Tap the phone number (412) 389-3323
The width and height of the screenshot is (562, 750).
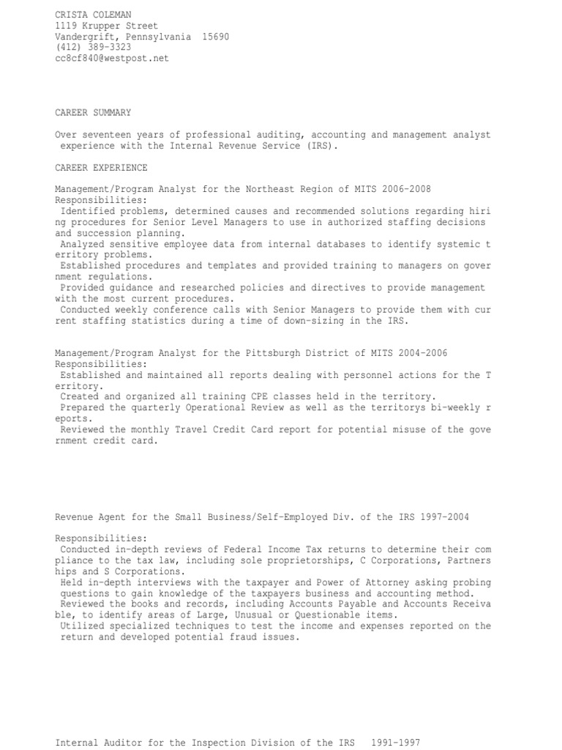(93, 47)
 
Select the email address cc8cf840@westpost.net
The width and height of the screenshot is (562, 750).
(112, 58)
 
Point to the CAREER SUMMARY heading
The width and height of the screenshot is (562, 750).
(93, 113)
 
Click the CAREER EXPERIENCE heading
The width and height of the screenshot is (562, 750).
(101, 167)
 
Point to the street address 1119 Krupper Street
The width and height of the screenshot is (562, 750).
(106, 26)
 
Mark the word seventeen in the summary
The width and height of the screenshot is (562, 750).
(107, 135)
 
